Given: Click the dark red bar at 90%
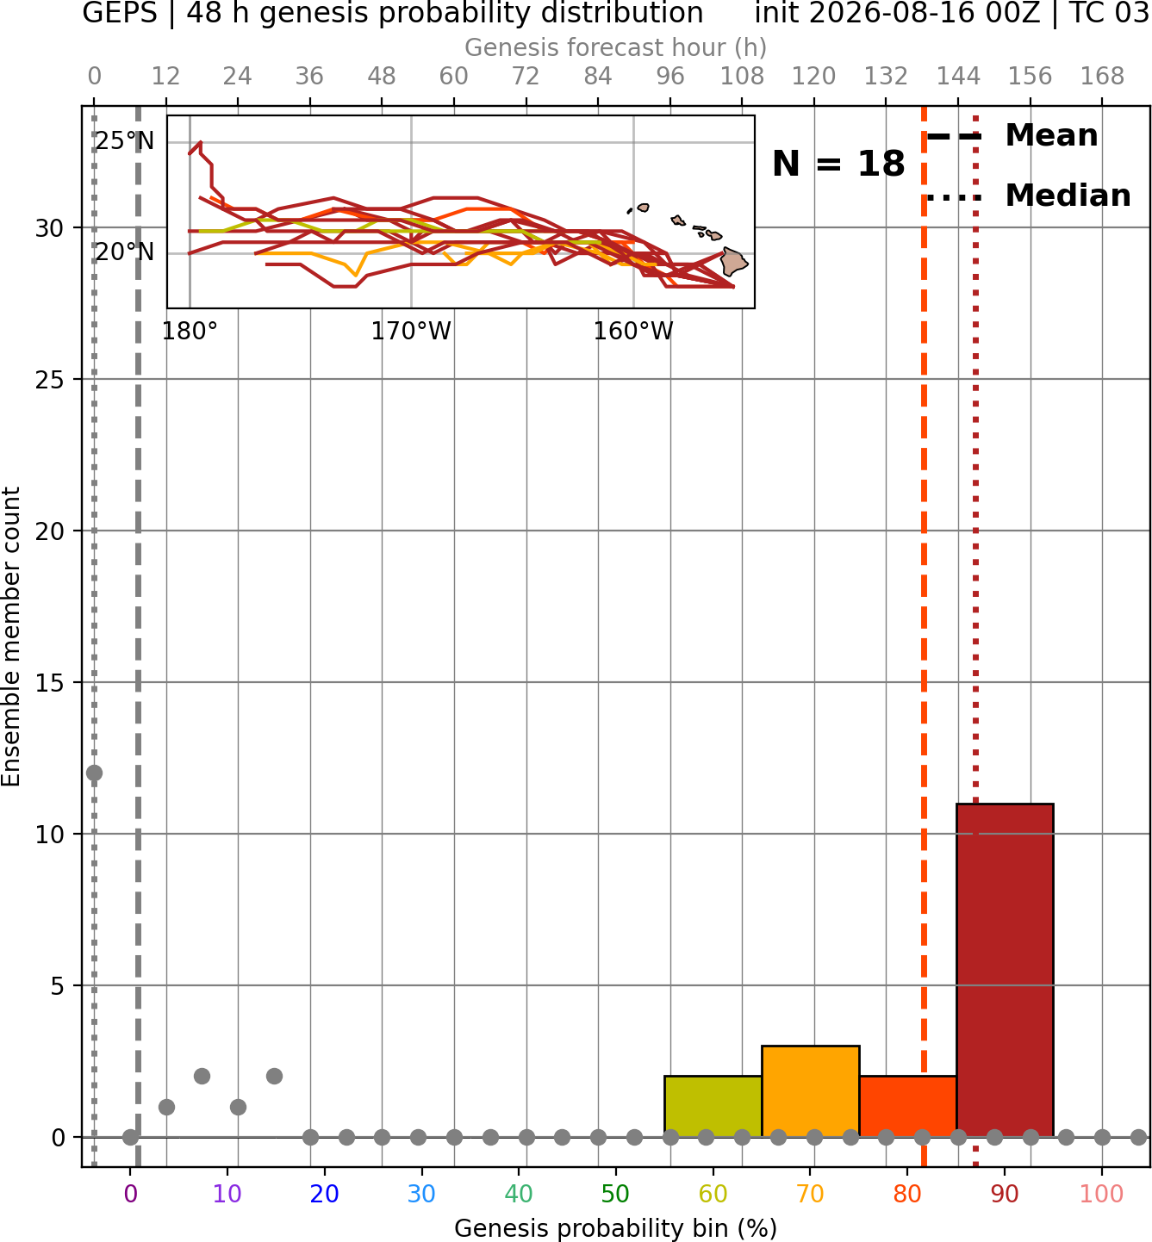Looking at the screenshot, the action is [x=1005, y=970].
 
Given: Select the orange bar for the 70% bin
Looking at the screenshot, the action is [x=810, y=1091].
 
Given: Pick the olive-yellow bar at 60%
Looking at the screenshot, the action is [x=713, y=1106].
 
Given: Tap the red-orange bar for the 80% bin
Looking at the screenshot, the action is [x=908, y=1106].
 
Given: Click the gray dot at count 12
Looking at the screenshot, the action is [x=95, y=773].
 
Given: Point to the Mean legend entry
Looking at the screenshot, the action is [x=1012, y=136].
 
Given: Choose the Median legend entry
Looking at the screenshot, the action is [x=1027, y=196].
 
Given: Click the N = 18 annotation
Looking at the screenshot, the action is [x=838, y=164].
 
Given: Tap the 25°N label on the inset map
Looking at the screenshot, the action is [x=125, y=141].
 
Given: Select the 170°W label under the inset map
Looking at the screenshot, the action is [x=411, y=332].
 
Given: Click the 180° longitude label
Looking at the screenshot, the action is [x=190, y=332].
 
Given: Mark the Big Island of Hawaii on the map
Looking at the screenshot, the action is [x=734, y=262].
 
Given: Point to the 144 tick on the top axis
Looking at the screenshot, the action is [x=958, y=77].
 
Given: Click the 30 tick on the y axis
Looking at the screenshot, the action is [x=49, y=228].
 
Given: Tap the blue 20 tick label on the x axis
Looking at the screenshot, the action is [x=325, y=1195].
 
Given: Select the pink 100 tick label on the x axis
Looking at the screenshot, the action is [x=1102, y=1195].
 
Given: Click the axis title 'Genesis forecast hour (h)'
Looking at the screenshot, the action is [x=616, y=47].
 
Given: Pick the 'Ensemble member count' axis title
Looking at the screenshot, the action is [x=11, y=637].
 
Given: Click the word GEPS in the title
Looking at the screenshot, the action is [x=120, y=13].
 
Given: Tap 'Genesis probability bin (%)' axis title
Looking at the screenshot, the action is [x=616, y=1228].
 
